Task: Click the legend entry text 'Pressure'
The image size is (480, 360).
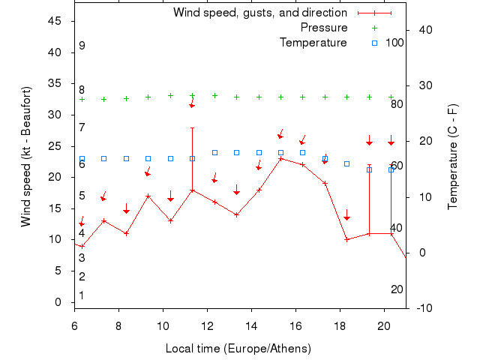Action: [x=324, y=28]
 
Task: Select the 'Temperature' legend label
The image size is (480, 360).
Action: [x=313, y=43]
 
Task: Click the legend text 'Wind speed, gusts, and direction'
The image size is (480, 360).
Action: [x=260, y=13]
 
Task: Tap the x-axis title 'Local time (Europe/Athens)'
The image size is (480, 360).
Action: [x=238, y=349]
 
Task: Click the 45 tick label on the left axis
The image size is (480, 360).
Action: [x=55, y=21]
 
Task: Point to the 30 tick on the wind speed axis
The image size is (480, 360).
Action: [x=55, y=115]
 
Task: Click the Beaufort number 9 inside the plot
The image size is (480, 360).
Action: [x=82, y=46]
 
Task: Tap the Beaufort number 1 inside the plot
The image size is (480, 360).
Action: [x=82, y=295]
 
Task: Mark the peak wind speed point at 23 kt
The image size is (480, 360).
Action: [x=281, y=158]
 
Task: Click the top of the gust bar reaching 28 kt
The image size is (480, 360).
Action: [x=193, y=127]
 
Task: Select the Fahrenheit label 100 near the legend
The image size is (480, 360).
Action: [x=394, y=43]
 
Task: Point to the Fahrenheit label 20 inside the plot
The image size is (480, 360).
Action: [x=397, y=289]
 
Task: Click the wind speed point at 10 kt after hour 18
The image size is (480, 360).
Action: [x=347, y=239]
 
